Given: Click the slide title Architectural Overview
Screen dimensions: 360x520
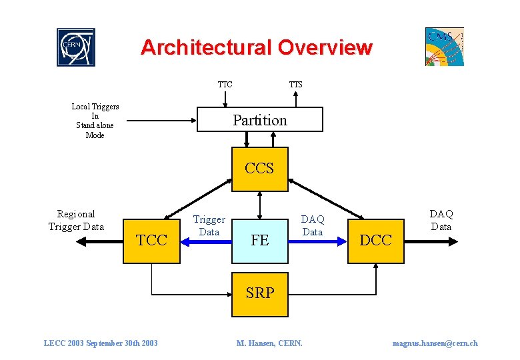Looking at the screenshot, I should pos(256,48).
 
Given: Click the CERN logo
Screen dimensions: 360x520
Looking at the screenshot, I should pos(76,47).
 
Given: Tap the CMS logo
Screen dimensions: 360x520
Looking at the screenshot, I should pos(444,47).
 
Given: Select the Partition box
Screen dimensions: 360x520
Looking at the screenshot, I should pos(260,120).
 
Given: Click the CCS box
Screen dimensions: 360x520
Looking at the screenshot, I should pos(259,169).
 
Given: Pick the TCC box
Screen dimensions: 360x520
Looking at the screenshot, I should pos(152,241).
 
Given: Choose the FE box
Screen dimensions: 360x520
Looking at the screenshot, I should pos(259,241).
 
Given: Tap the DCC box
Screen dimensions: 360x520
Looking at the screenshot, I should pos(375,241).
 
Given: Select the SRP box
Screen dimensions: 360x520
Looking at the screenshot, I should pos(259,293).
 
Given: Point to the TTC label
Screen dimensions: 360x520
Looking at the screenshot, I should pos(225,85).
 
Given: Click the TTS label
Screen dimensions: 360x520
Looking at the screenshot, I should pos(295,85).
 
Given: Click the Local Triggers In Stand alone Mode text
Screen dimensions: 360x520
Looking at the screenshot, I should pos(95,121).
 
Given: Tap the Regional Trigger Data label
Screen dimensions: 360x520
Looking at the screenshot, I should pos(76,220).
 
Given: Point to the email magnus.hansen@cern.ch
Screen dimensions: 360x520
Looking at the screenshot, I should pos(435,343).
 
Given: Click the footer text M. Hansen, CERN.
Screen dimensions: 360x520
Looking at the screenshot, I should pos(269,343).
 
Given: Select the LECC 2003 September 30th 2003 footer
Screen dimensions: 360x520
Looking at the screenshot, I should pos(101,343).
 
